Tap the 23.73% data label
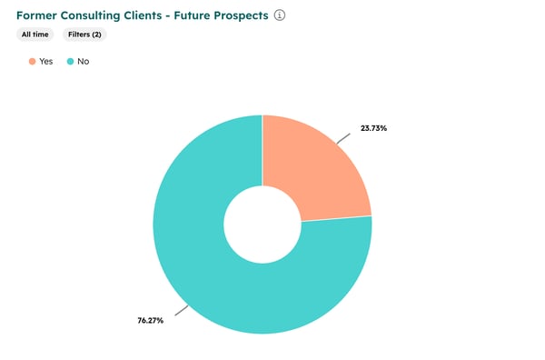(372, 128)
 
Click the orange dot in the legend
(32, 61)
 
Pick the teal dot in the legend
(70, 61)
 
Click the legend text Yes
(46, 61)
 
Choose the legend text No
(84, 61)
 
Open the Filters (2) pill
(84, 34)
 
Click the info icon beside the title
(280, 15)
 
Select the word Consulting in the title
(97, 15)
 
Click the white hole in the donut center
(262, 224)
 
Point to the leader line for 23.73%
(343, 137)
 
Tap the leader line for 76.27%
(181, 311)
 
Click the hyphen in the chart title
(182, 16)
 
